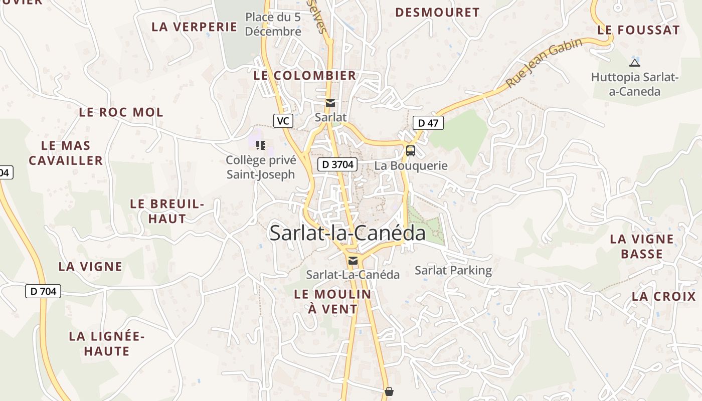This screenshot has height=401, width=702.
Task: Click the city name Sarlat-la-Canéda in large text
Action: pyautogui.click(x=347, y=233)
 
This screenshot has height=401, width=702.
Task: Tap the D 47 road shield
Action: pyautogui.click(x=428, y=122)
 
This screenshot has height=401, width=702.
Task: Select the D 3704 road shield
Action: pyautogui.click(x=337, y=164)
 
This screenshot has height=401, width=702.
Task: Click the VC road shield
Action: pyautogui.click(x=283, y=120)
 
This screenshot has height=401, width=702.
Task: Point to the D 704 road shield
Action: pyautogui.click(x=43, y=291)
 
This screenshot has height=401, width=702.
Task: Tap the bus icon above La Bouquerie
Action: pyautogui.click(x=410, y=150)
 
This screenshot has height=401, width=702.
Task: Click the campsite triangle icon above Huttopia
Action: pyautogui.click(x=634, y=63)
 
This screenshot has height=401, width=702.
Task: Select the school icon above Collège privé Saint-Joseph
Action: pyautogui.click(x=260, y=145)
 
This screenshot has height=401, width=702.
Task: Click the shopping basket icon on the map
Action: pyautogui.click(x=389, y=391)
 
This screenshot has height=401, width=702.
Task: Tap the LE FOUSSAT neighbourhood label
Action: pyautogui.click(x=638, y=30)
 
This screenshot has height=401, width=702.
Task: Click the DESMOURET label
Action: pyautogui.click(x=437, y=13)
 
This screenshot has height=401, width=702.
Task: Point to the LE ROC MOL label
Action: pyautogui.click(x=121, y=112)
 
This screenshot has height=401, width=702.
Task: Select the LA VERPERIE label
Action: pyautogui.click(x=194, y=27)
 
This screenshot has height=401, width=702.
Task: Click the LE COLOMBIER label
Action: pyautogui.click(x=305, y=76)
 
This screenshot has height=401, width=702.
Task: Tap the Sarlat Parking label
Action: pyautogui.click(x=453, y=271)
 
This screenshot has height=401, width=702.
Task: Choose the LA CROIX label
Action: pyautogui.click(x=664, y=296)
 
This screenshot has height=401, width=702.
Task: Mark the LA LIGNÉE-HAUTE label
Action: pyautogui.click(x=107, y=343)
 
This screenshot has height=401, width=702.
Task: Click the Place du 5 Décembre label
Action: pyautogui.click(x=273, y=24)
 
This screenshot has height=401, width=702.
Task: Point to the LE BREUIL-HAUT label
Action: pyautogui.click(x=167, y=211)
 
